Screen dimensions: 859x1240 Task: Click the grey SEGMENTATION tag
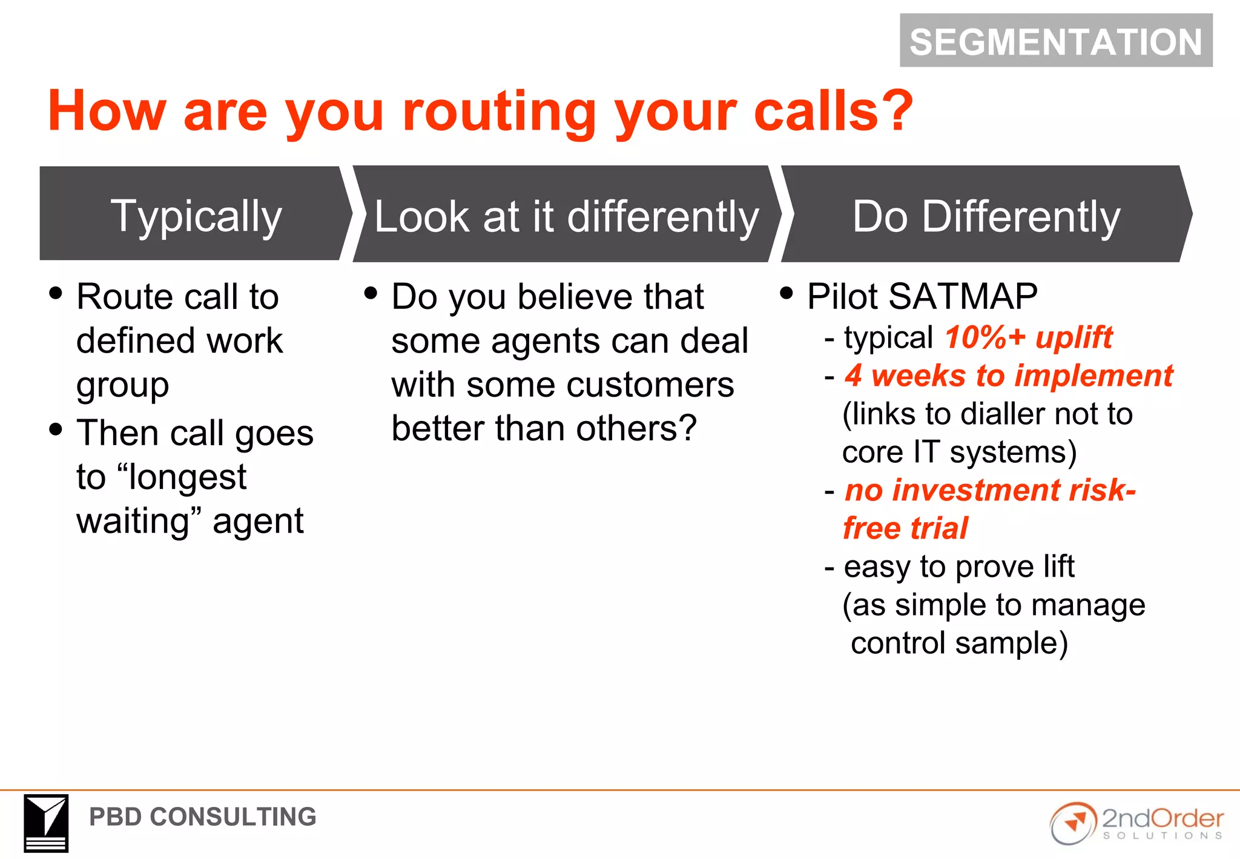[1055, 41]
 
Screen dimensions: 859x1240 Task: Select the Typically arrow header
[196, 214]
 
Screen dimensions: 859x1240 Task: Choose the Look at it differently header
[566, 216]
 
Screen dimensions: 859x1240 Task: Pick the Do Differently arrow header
[986, 216]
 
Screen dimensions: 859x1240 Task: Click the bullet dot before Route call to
[56, 293]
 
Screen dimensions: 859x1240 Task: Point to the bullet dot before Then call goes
[56, 429]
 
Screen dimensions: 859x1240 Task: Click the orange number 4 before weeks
[853, 375]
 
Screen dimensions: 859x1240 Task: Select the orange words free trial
[905, 528]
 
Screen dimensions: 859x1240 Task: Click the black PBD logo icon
[46, 823]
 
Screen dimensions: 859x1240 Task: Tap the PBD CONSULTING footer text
[202, 817]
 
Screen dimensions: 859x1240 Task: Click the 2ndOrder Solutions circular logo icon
[1073, 823]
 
